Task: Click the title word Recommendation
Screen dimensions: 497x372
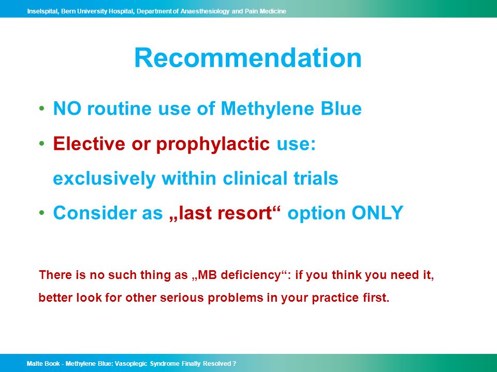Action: tap(248, 58)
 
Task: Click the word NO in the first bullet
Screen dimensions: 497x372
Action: tap(67, 109)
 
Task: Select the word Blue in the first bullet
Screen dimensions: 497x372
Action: tap(341, 109)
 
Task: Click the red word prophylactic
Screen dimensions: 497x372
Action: tap(213, 145)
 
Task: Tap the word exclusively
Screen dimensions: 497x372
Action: tap(104, 179)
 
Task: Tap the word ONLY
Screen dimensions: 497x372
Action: tap(377, 212)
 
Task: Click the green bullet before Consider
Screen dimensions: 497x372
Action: tap(41, 212)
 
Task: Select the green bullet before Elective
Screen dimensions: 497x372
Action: tap(41, 144)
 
